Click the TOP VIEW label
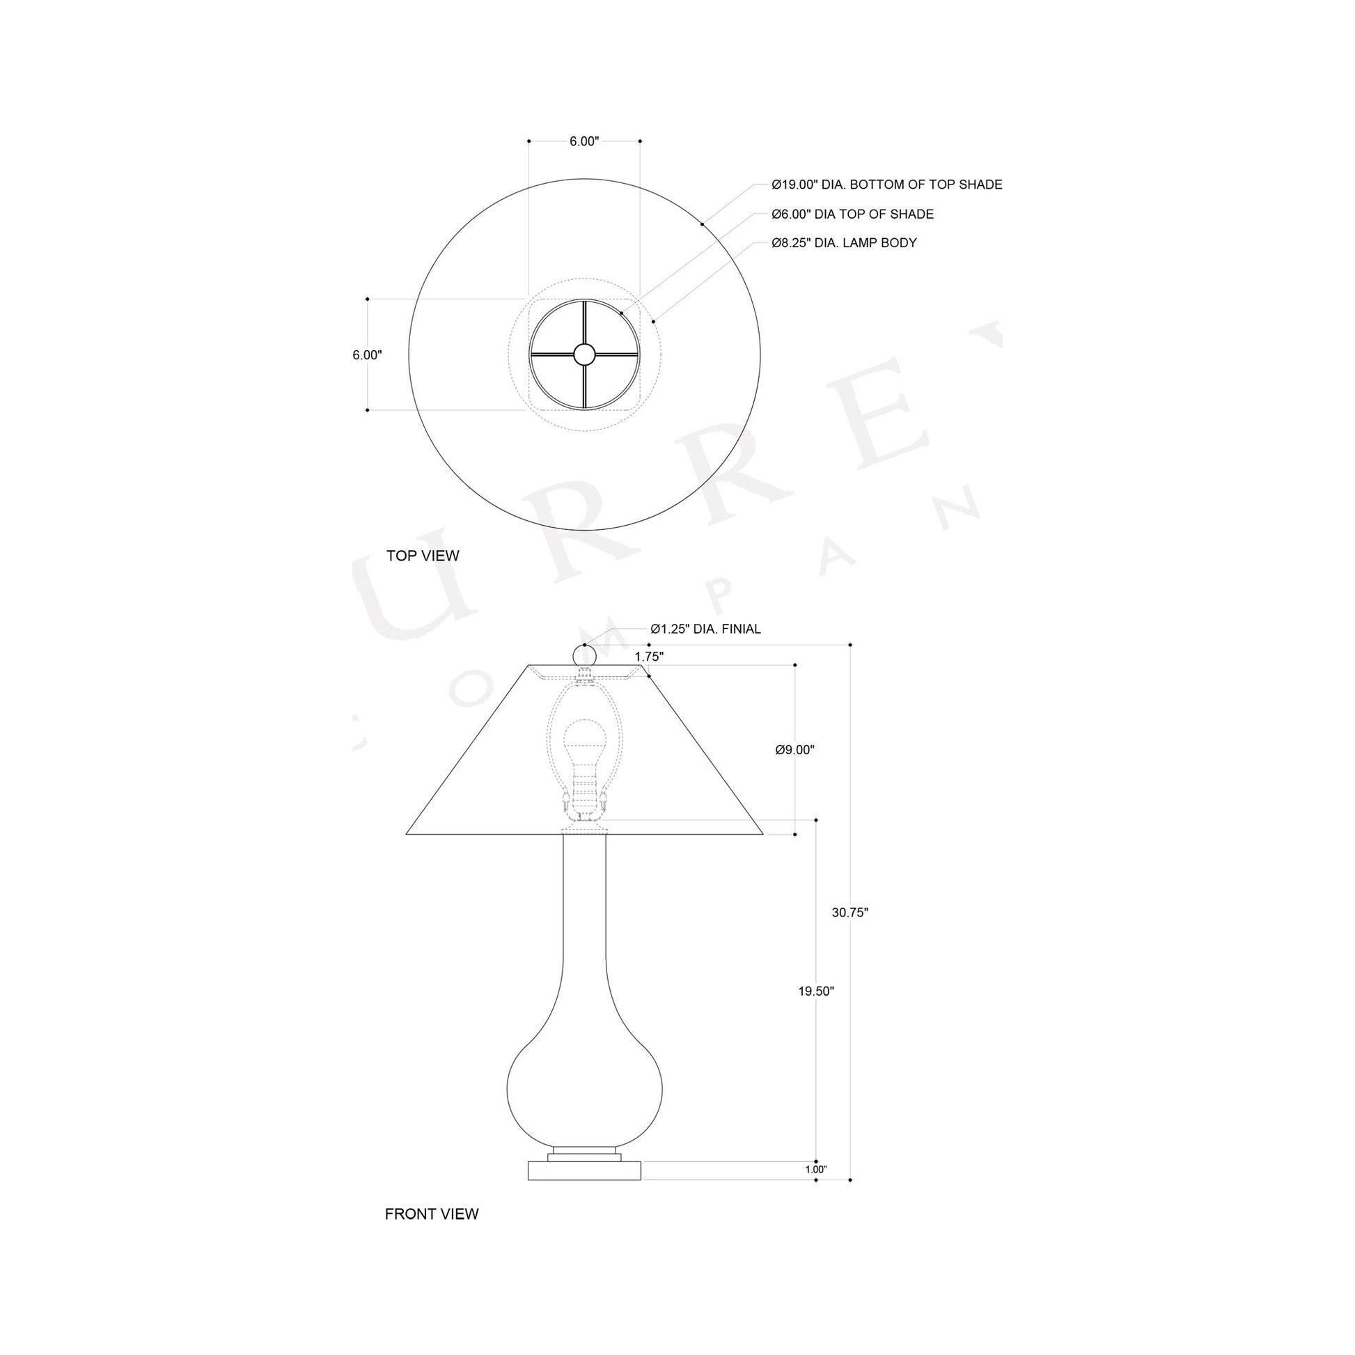pyautogui.click(x=422, y=556)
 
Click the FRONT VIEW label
pyautogui.click(x=431, y=1214)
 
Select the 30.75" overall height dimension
pyautogui.click(x=850, y=912)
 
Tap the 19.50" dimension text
pyautogui.click(x=815, y=991)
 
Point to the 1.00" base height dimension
pyautogui.click(x=815, y=1169)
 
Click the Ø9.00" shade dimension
pyautogui.click(x=794, y=750)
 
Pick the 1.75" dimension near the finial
pyautogui.click(x=649, y=657)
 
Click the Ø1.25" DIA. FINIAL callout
pyautogui.click(x=705, y=629)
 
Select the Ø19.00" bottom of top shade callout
pyautogui.click(x=886, y=185)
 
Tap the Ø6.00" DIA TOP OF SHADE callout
pyautogui.click(x=852, y=214)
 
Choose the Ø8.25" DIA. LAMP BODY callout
pyautogui.click(x=844, y=243)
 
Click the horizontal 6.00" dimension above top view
pyautogui.click(x=584, y=141)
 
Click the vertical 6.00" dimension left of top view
pyautogui.click(x=367, y=355)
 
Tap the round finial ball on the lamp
pyautogui.click(x=584, y=656)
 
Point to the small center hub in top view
pyautogui.click(x=583, y=355)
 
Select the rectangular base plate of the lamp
pyautogui.click(x=584, y=1169)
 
